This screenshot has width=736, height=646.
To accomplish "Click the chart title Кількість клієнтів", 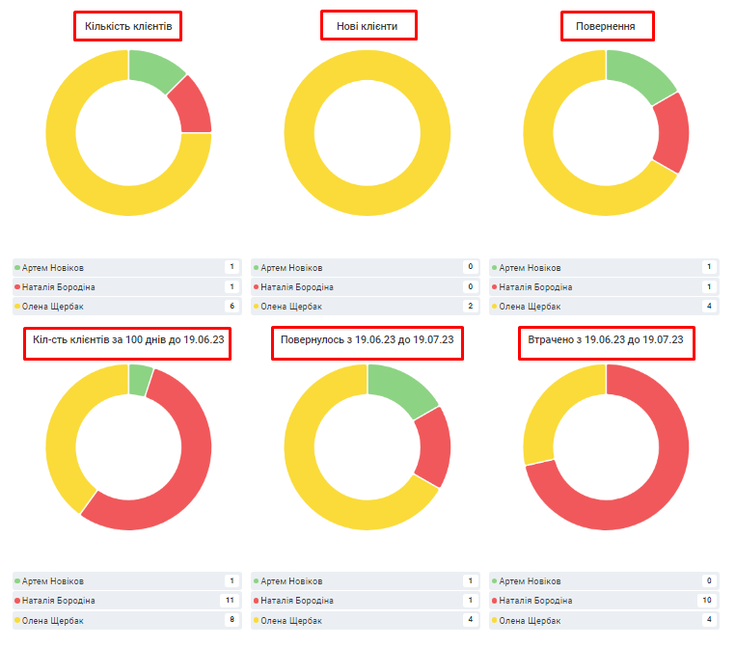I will [x=128, y=26].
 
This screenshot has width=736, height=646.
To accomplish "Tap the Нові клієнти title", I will [x=368, y=26].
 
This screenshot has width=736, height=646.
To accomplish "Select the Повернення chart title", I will [x=606, y=26].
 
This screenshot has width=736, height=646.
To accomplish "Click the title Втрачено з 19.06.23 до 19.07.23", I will [x=606, y=340].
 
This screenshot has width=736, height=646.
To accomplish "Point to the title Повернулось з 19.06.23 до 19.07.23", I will [x=367, y=340].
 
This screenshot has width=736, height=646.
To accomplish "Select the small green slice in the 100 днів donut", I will [x=139, y=379].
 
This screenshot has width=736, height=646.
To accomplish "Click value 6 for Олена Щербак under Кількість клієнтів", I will [x=232, y=306].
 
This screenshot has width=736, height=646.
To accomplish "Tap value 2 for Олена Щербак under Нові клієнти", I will [x=470, y=306].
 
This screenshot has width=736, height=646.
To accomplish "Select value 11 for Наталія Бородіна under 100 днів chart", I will [x=230, y=600].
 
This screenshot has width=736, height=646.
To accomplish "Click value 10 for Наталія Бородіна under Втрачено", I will [x=708, y=600].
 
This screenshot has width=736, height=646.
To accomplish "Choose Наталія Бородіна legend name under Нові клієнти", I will [x=296, y=286].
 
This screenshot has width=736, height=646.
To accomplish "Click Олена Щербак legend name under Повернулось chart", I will [x=287, y=619].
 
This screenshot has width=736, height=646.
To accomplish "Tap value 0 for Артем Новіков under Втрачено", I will [x=709, y=580].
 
